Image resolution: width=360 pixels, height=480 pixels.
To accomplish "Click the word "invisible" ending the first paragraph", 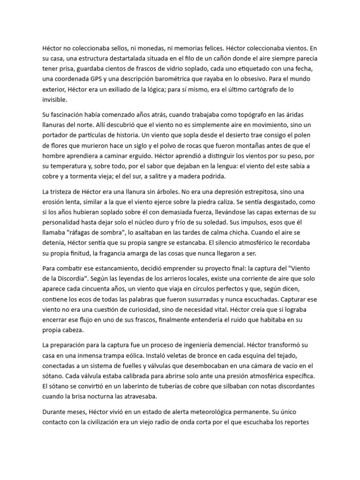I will (x=55, y=99).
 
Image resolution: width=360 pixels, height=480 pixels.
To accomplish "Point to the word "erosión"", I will (x=54, y=203).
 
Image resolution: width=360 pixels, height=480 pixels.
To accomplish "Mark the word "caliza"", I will (x=258, y=203).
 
